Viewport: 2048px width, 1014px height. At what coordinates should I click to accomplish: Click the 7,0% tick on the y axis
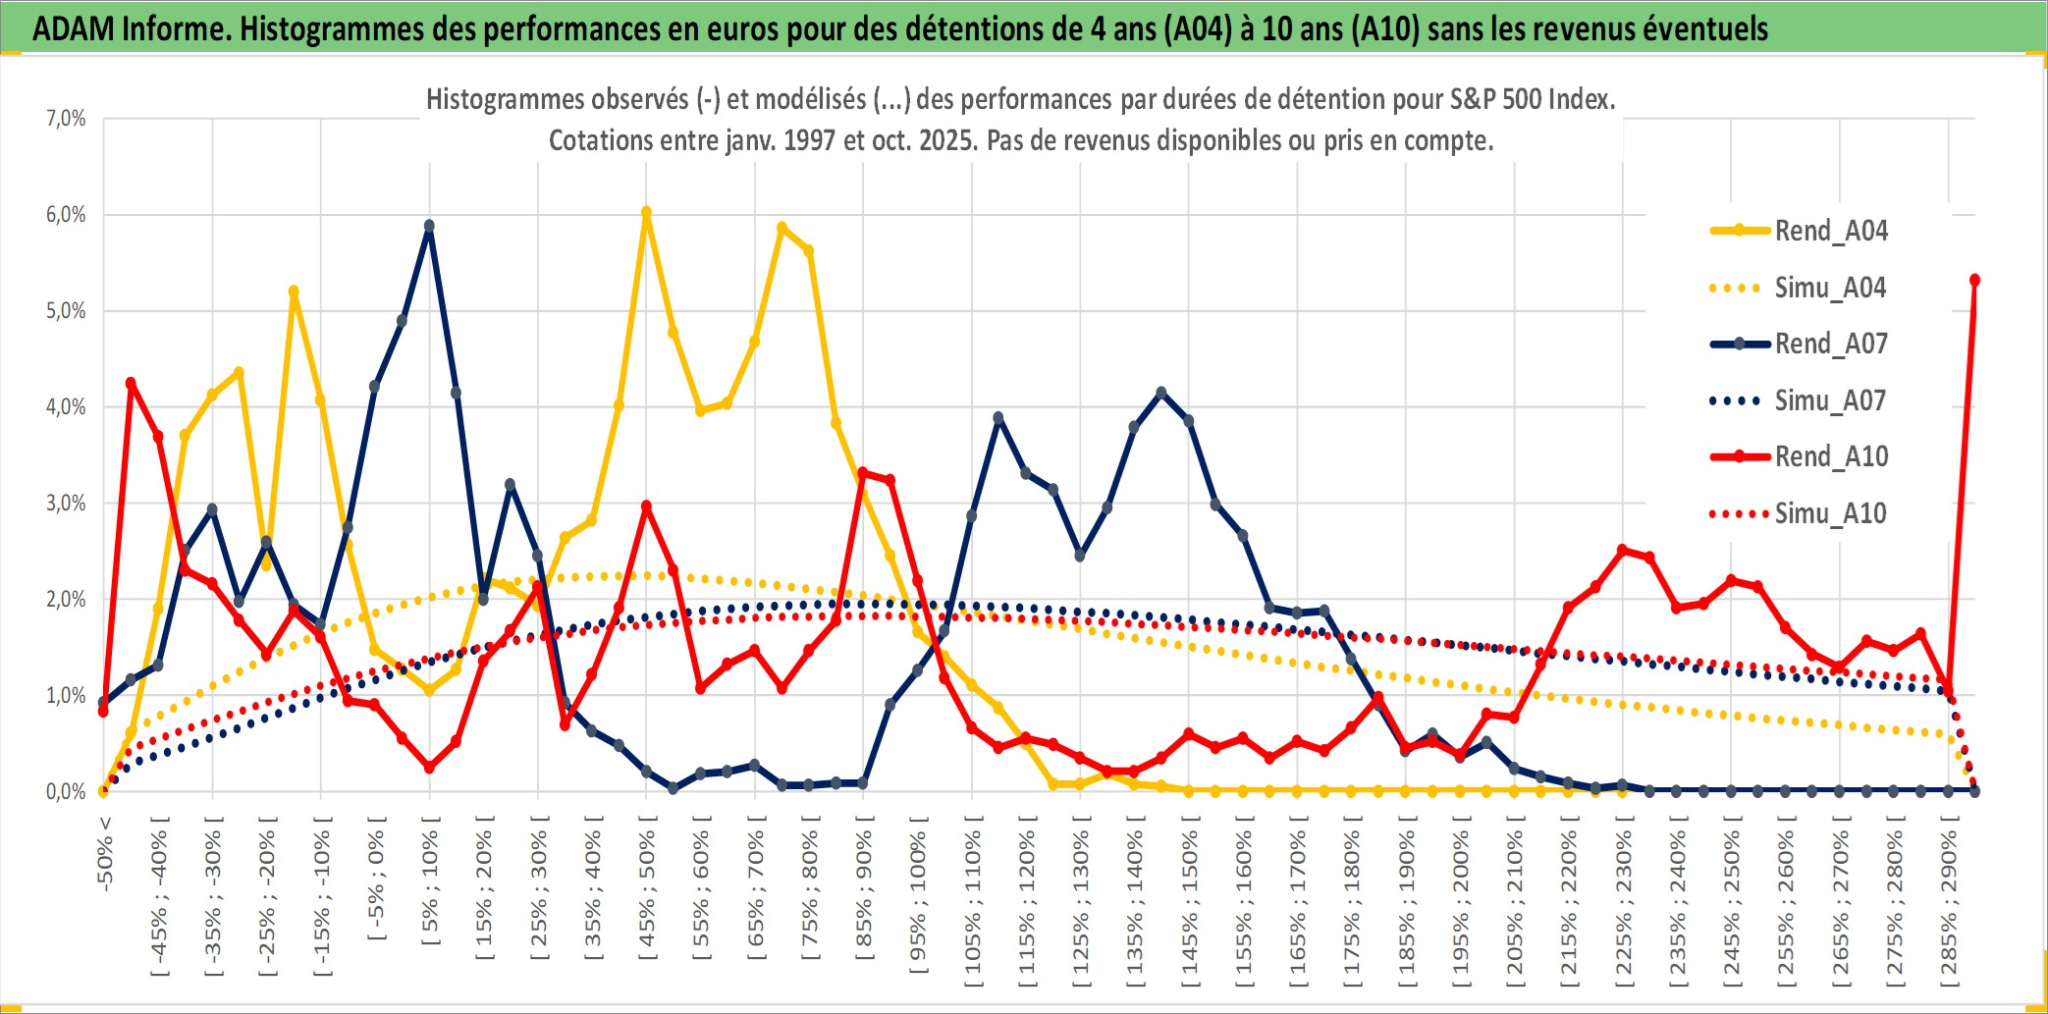pyautogui.click(x=66, y=119)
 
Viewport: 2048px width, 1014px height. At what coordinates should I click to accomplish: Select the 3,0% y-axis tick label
pyautogui.click(x=66, y=504)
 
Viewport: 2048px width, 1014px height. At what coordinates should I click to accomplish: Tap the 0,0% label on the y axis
pyautogui.click(x=66, y=791)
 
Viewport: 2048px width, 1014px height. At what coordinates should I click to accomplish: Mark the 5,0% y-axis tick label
pyautogui.click(x=66, y=311)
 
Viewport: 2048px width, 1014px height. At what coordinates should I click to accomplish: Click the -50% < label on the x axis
pyautogui.click(x=105, y=853)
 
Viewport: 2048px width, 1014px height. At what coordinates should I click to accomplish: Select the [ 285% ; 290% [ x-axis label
pyautogui.click(x=1949, y=907)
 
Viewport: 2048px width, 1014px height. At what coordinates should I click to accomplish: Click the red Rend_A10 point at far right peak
pyautogui.click(x=1974, y=281)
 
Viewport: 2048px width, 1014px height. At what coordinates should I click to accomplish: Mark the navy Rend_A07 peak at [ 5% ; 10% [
pyautogui.click(x=429, y=226)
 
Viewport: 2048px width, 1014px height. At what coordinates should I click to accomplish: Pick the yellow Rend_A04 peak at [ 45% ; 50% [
pyautogui.click(x=646, y=212)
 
